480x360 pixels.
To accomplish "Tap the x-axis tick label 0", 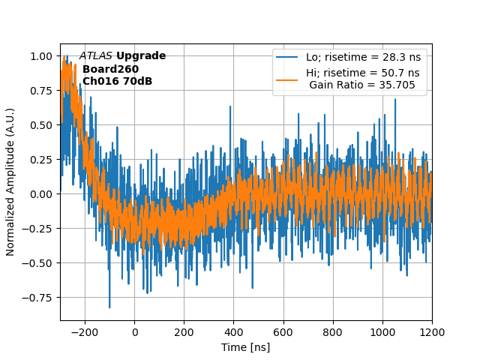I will (x=135, y=331).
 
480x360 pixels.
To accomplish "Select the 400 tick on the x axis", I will (x=234, y=331).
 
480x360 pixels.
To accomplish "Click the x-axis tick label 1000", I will (x=382, y=331).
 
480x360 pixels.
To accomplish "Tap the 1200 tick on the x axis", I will (x=432, y=331).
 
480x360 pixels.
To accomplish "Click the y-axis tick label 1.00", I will (x=42, y=56).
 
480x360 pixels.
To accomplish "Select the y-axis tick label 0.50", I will (x=42, y=125).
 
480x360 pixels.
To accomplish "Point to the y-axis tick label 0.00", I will (x=42, y=194).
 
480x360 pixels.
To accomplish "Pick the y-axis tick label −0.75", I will (x=39, y=298).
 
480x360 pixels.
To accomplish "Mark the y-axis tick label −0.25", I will (x=39, y=229).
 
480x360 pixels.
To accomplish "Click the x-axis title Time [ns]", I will (x=246, y=347).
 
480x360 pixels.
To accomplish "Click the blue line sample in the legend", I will (x=287, y=57).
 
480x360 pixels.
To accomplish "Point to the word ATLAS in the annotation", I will (x=96, y=56).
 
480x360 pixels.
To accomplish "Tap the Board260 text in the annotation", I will (x=110, y=69).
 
